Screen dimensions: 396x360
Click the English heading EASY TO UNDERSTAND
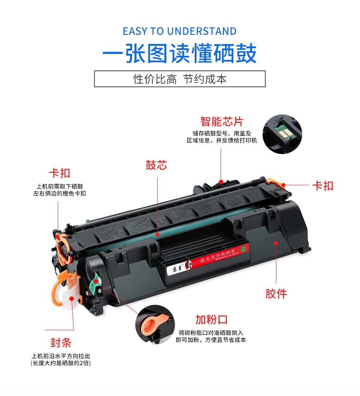point(180,31)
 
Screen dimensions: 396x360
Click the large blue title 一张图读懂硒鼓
point(180,54)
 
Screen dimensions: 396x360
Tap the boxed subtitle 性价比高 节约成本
point(180,79)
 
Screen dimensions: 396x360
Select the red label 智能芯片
point(221,121)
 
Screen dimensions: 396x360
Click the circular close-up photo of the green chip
point(282,134)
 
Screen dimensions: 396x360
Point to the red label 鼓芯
point(156,165)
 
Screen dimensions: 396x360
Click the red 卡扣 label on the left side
point(59,173)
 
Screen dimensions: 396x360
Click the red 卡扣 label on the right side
point(323,186)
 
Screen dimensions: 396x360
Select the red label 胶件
point(276,293)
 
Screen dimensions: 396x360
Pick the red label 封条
point(61,343)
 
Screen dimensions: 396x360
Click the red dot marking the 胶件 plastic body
point(276,243)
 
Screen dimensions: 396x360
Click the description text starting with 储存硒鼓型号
point(221,137)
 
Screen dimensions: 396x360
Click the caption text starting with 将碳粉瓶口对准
point(211,336)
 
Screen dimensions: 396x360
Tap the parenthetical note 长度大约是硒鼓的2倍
point(60,363)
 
